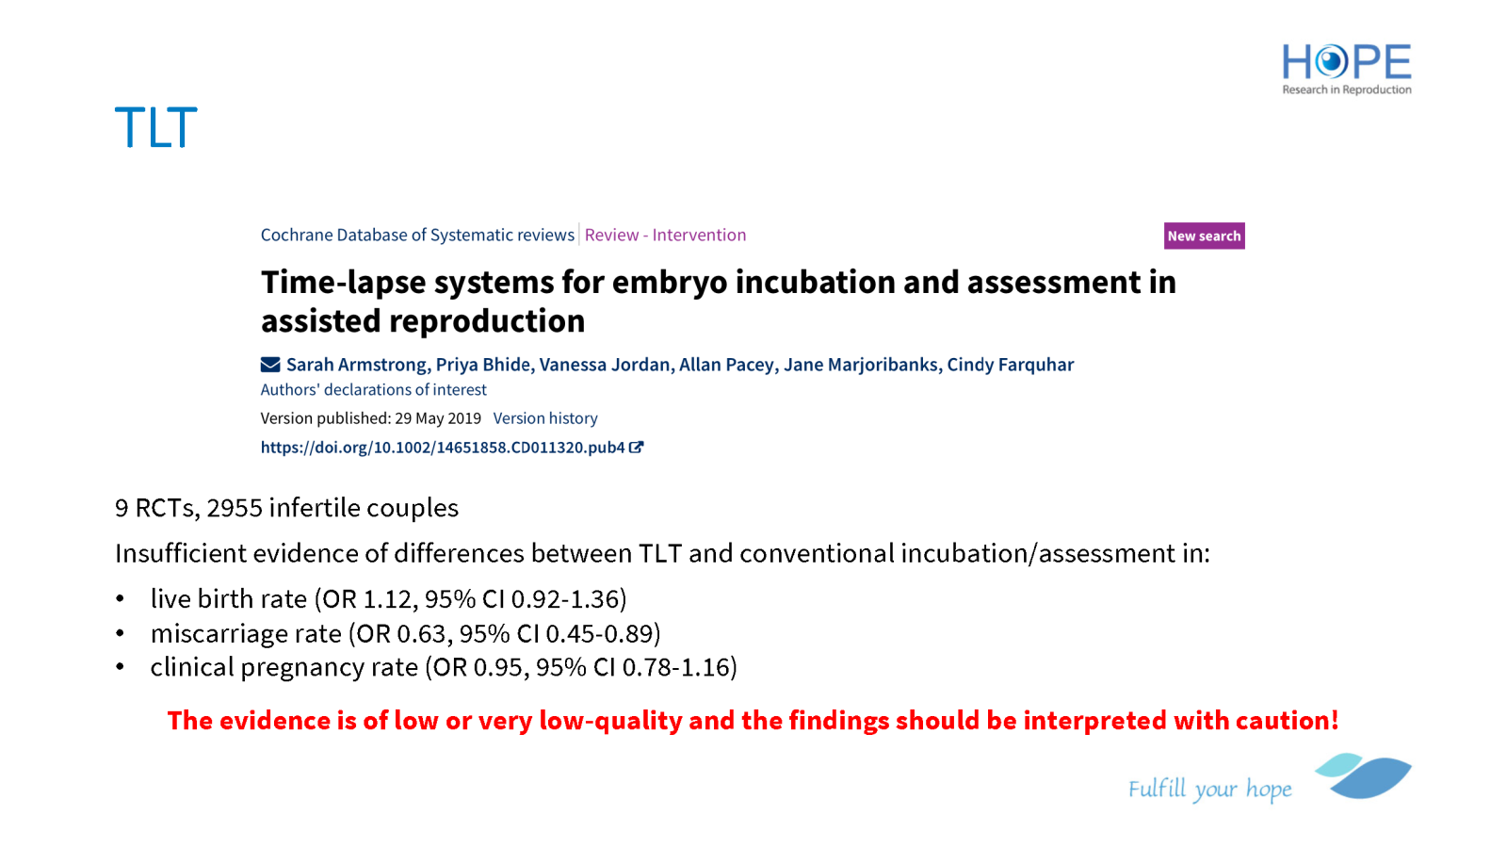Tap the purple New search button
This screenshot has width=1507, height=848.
[1205, 236]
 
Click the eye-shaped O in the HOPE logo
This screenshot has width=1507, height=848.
[1331, 62]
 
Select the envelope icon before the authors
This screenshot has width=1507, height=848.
[270, 364]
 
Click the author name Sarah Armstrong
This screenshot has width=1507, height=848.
[357, 364]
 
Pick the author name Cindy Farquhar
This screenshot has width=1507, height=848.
[1011, 364]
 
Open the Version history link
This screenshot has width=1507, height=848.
[545, 418]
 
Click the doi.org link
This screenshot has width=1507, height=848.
[443, 448]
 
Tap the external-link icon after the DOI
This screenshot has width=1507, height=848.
[637, 447]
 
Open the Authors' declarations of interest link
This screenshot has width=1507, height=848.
[373, 390]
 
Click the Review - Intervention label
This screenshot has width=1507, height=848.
[665, 235]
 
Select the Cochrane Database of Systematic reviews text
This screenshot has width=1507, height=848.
[417, 235]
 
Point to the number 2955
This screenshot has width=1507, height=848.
[235, 508]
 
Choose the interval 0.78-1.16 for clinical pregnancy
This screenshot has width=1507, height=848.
[676, 667]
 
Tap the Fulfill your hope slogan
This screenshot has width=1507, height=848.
[1210, 788]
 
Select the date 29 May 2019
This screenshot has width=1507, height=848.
[438, 418]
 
